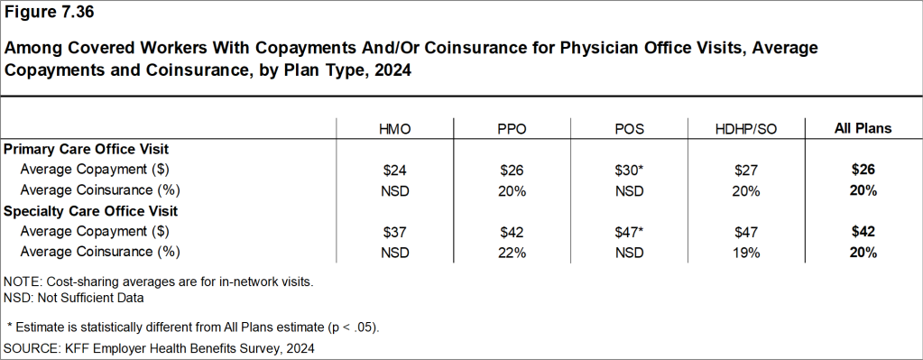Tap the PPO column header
click(512, 129)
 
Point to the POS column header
click(628, 129)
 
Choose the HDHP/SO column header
click(745, 129)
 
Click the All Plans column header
click(862, 129)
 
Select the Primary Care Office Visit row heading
click(87, 149)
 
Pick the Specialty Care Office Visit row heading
click(91, 211)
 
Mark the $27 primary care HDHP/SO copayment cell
click(745, 169)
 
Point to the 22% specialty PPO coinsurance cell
click(512, 253)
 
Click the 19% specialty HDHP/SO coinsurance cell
click(745, 253)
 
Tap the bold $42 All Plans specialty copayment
click(862, 232)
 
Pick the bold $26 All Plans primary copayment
click(862, 169)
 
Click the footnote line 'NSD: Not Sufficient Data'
click(74, 297)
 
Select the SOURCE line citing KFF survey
click(159, 347)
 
